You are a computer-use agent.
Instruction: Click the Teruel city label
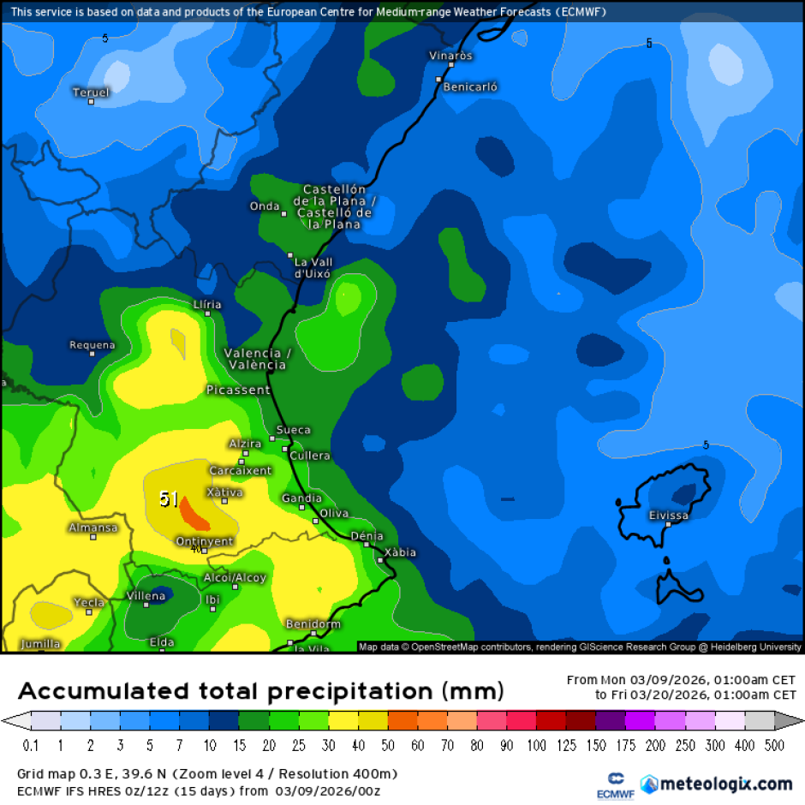91,92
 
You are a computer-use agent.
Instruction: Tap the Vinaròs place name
451,56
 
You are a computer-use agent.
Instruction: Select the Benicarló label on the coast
471,86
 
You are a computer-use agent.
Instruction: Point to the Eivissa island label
669,516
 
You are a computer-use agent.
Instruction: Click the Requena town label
92,345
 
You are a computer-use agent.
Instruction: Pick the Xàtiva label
225,492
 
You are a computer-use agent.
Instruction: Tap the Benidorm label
313,624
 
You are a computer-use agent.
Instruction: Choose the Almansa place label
92,528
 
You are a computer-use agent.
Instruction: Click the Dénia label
367,536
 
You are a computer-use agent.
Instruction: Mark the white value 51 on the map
169,498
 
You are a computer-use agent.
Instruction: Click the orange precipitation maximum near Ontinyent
196,518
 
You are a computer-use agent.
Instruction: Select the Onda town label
265,206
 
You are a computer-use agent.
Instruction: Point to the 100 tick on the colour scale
536,746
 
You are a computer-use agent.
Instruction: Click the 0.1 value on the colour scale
31,746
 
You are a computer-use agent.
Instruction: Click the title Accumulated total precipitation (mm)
261,691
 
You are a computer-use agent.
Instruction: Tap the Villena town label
146,596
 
